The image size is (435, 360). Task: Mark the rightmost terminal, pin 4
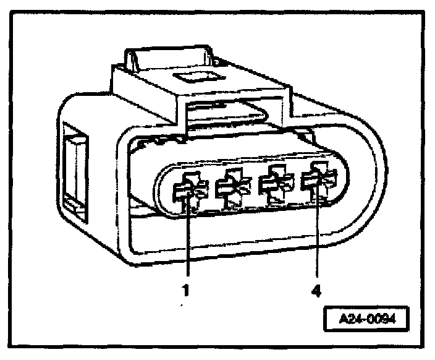316,179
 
